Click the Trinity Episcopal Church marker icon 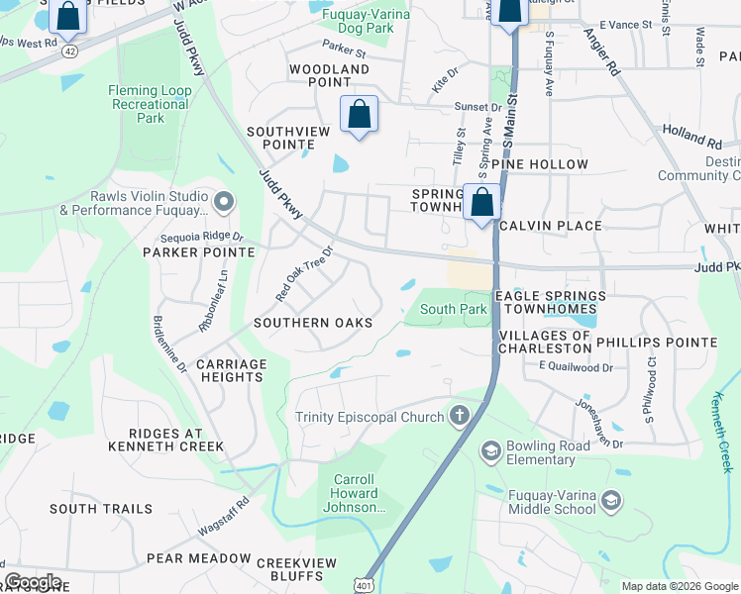(460, 416)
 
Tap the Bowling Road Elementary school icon (490, 452)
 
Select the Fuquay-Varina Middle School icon (611, 501)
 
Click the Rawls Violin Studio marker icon (224, 203)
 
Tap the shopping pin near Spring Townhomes (482, 203)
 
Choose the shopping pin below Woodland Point (359, 115)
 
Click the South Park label (453, 309)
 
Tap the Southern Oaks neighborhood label (313, 323)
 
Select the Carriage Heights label (232, 370)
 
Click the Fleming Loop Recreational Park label (150, 104)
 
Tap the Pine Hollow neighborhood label (545, 164)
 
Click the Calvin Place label (551, 226)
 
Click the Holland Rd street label (692, 137)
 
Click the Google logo (34, 582)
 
